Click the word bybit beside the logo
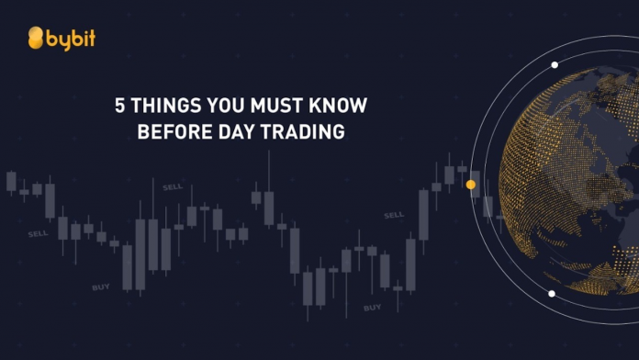[72, 39]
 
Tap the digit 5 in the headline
[119, 106]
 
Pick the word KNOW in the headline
[335, 106]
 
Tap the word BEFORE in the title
[171, 132]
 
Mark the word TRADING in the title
[305, 132]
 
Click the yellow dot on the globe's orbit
[471, 185]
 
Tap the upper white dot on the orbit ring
[555, 64]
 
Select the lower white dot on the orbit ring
[552, 294]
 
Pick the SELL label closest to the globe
[394, 215]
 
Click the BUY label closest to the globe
[372, 307]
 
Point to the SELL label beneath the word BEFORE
[173, 187]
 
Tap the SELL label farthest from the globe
[38, 233]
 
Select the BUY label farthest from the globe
[101, 287]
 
